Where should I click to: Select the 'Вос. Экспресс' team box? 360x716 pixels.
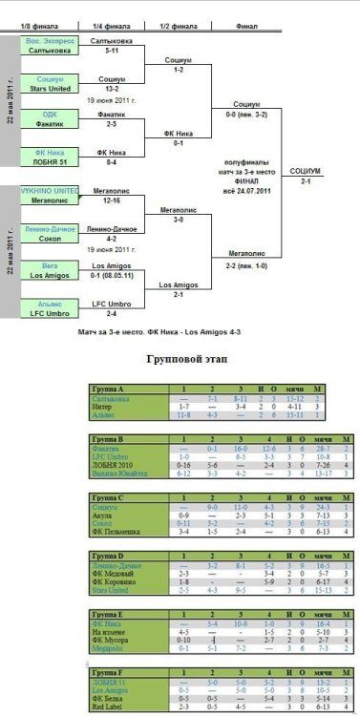pos(50,45)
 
